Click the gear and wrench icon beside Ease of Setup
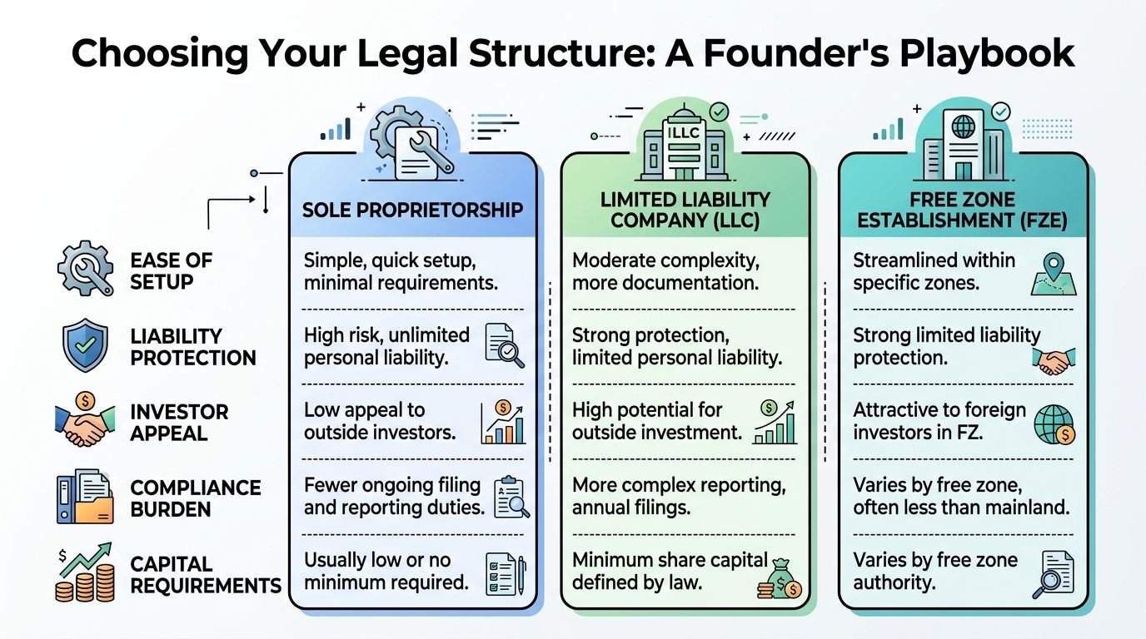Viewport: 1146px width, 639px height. click(85, 269)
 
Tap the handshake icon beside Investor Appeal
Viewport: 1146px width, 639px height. click(85, 423)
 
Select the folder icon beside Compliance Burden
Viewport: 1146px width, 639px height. click(85, 498)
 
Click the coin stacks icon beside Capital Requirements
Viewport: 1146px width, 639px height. click(85, 574)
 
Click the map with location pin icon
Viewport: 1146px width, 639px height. click(1053, 273)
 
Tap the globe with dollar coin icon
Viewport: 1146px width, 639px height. click(1054, 424)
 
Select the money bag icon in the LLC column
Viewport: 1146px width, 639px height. click(780, 577)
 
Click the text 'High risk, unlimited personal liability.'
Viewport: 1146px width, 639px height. click(387, 346)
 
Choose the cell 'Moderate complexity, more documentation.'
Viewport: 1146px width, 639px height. click(665, 270)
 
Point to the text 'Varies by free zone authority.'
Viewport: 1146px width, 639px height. click(935, 571)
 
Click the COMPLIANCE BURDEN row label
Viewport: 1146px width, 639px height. click(195, 498)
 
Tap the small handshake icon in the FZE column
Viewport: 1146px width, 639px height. click(1053, 359)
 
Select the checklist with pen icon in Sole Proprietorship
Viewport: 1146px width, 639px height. click(505, 574)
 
